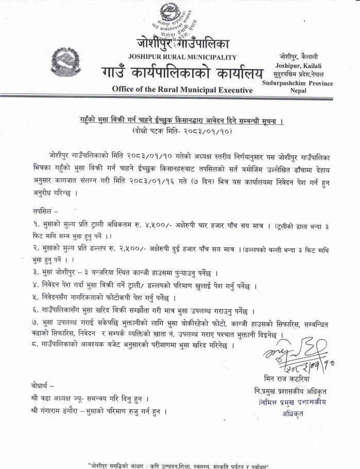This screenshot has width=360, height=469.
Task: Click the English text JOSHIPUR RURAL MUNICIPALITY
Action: point(184,57)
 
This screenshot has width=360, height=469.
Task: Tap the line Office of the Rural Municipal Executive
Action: point(183,89)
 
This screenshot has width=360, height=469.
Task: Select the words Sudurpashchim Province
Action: point(298,83)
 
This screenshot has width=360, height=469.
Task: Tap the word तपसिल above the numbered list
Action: point(43,211)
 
